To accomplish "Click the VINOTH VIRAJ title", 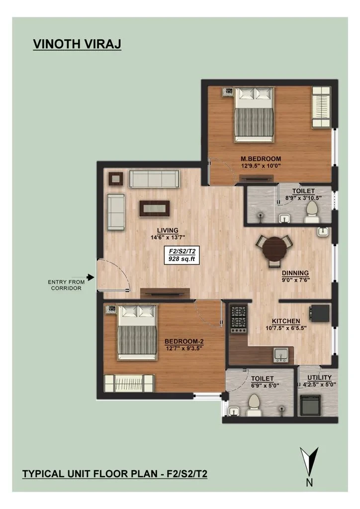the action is tap(77, 44).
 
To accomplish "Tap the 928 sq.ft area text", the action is tap(181, 258).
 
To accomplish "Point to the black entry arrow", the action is tap(90, 277).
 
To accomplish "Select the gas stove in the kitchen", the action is tap(239, 319).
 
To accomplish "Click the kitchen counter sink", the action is tap(280, 355).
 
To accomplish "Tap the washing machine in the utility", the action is tap(310, 405).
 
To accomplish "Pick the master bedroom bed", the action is tap(254, 114).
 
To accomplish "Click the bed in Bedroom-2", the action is tap(137, 332).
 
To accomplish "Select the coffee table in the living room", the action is tap(155, 208).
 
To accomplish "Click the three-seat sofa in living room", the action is tap(154, 178).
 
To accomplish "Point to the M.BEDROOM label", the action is tap(261, 159).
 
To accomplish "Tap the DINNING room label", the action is tap(295, 273).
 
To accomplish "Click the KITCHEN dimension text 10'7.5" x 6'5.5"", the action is tap(286, 328).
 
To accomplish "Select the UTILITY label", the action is tap(319, 378).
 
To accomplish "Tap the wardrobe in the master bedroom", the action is tap(321, 107).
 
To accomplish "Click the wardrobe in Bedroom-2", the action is tap(129, 383).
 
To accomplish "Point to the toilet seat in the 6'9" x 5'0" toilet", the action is tap(254, 405).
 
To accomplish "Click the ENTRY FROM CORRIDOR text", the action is tap(66, 285).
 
